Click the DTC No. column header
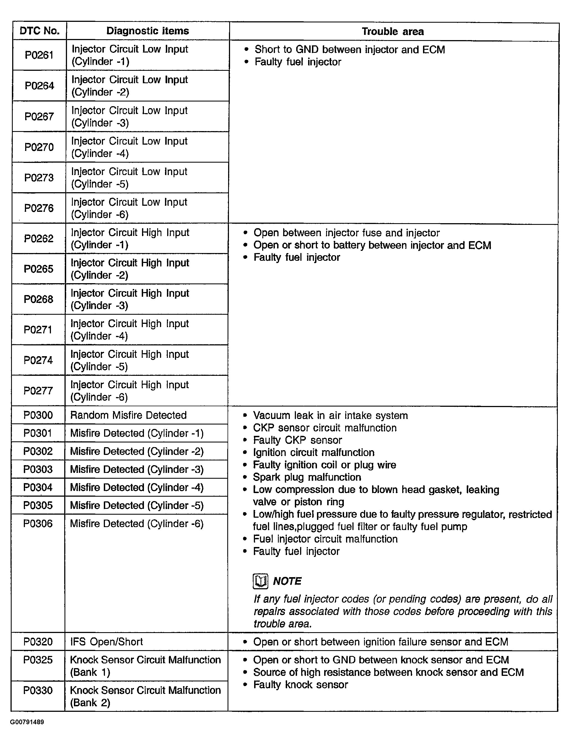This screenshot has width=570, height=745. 39,31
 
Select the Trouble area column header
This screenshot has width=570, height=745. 393,32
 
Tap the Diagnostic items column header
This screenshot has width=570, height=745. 148,31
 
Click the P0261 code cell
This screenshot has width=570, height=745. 39,55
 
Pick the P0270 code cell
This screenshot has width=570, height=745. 39,147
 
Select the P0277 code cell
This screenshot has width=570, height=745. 38,390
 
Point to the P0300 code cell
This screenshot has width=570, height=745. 38,415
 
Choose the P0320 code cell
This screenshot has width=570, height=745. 38,642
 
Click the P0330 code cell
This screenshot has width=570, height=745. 38,690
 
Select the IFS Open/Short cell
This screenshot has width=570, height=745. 107,642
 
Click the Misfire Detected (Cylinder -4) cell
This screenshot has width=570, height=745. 137,487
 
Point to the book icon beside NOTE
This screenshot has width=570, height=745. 260,581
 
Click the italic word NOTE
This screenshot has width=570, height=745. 287,581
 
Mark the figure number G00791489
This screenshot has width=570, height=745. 27,722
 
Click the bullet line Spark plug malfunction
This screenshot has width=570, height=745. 307,477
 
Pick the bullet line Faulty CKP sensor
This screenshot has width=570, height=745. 298,440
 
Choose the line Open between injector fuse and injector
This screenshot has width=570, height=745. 346,233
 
